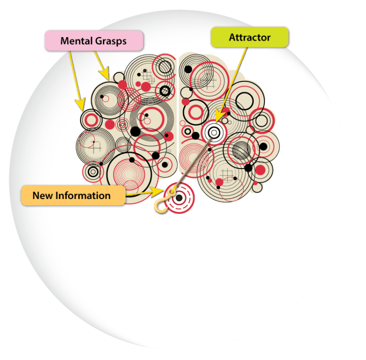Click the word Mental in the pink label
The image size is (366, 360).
[x=76, y=41]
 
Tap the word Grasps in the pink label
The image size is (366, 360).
[x=111, y=41]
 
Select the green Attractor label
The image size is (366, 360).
[x=249, y=37]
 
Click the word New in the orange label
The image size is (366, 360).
[x=42, y=195]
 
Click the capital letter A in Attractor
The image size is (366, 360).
[x=232, y=37]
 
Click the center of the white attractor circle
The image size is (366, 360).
[x=213, y=132]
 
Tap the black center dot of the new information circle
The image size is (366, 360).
[x=179, y=197]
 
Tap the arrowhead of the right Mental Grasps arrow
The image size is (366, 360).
[x=106, y=75]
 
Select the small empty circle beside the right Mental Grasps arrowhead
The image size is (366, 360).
[x=117, y=77]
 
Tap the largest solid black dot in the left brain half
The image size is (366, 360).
[x=135, y=130]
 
